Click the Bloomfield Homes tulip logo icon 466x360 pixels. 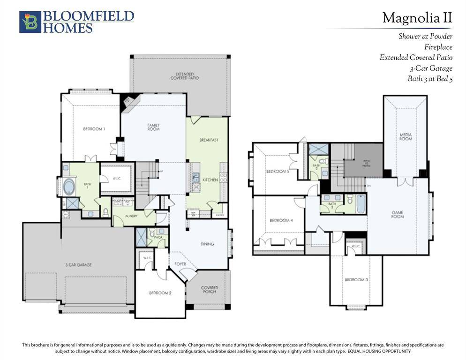(30, 22)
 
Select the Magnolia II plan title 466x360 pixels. (417, 18)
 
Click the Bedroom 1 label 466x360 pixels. (94, 129)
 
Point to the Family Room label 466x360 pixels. (153, 127)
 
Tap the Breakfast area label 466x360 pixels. (209, 140)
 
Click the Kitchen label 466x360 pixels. (210, 180)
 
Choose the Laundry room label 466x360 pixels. (130, 217)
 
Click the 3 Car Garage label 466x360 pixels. (78, 265)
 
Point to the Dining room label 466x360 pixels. (207, 244)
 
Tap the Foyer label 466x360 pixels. (180, 264)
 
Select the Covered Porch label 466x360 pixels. (209, 290)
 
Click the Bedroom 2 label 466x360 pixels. (160, 293)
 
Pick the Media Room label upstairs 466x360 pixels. (406, 136)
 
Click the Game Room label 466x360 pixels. (397, 215)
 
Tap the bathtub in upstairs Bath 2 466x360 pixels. (361, 204)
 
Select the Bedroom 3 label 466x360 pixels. (356, 280)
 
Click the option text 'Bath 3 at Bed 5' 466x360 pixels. (429, 79)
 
